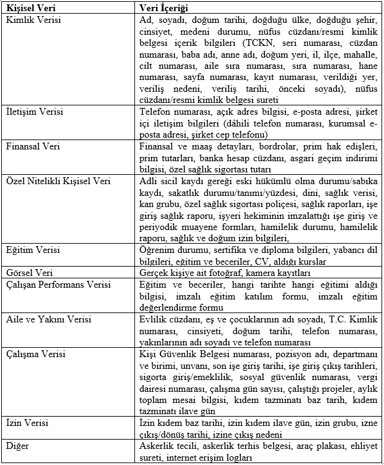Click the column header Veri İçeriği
pos(164,9)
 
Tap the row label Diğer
pos(19,446)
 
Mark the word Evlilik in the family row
pos(154,320)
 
